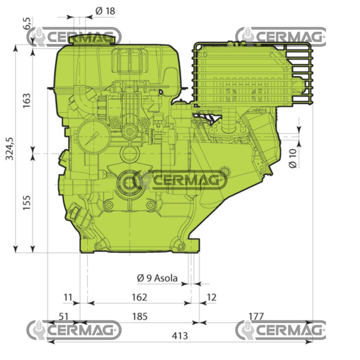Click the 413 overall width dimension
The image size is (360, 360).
pyautogui.click(x=180, y=336)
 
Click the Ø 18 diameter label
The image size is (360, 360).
pyautogui.click(x=105, y=11)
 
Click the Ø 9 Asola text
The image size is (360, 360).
pyautogui.click(x=157, y=278)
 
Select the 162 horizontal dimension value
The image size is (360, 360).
pyautogui.click(x=139, y=297)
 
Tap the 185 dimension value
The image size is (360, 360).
pyautogui.click(x=140, y=316)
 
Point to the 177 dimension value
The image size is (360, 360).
pyautogui.click(x=256, y=316)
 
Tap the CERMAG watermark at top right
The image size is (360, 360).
pyautogui.click(x=281, y=36)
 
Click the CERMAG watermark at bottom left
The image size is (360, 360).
pyautogui.click(x=74, y=330)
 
